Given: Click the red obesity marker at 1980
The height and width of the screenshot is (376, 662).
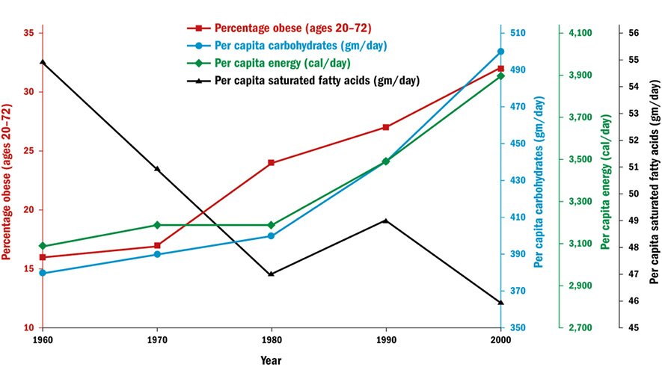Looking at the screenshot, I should click(x=272, y=163).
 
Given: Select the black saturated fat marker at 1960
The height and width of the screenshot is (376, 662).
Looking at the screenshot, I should click(x=43, y=63).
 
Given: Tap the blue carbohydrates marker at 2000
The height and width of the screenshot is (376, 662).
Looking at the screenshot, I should click(x=500, y=52).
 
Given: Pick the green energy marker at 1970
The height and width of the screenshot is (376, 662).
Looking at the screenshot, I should click(x=157, y=225).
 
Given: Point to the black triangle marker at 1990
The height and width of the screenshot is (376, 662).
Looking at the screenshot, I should click(x=386, y=221).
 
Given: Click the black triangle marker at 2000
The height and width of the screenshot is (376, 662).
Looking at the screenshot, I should click(x=500, y=302).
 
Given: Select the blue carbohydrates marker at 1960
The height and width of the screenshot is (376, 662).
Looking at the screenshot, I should click(x=43, y=273).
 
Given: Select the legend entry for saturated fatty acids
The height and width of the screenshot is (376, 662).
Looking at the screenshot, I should click(x=303, y=80).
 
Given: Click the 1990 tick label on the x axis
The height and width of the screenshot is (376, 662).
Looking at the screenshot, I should click(x=386, y=339).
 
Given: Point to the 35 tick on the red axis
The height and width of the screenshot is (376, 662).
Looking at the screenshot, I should click(x=28, y=33).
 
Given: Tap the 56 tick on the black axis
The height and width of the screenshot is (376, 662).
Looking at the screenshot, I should click(x=632, y=33).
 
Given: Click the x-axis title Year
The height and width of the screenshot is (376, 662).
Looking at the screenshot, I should click(x=271, y=360).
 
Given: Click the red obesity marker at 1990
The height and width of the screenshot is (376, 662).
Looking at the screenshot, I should click(x=386, y=127).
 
